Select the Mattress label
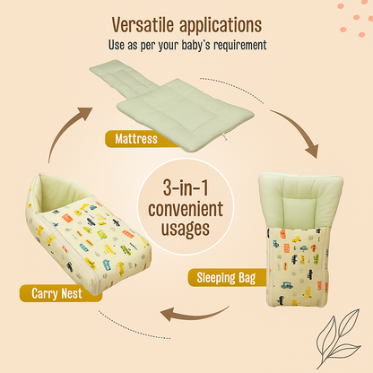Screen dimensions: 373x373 click(131, 138)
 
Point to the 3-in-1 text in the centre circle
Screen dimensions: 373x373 click(186, 190)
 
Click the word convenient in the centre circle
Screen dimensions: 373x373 click(186, 210)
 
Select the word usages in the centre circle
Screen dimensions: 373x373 click(186, 230)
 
